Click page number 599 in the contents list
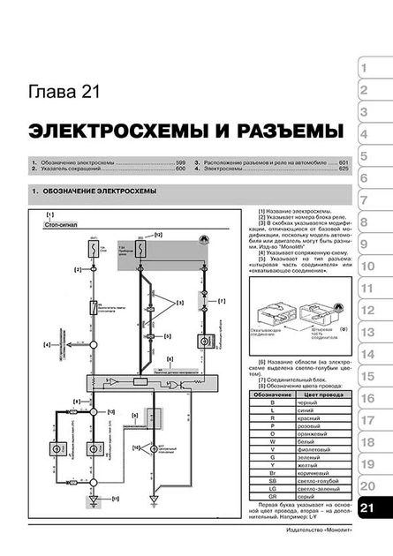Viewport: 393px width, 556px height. (180, 165)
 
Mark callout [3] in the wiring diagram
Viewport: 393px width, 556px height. (179, 303)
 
